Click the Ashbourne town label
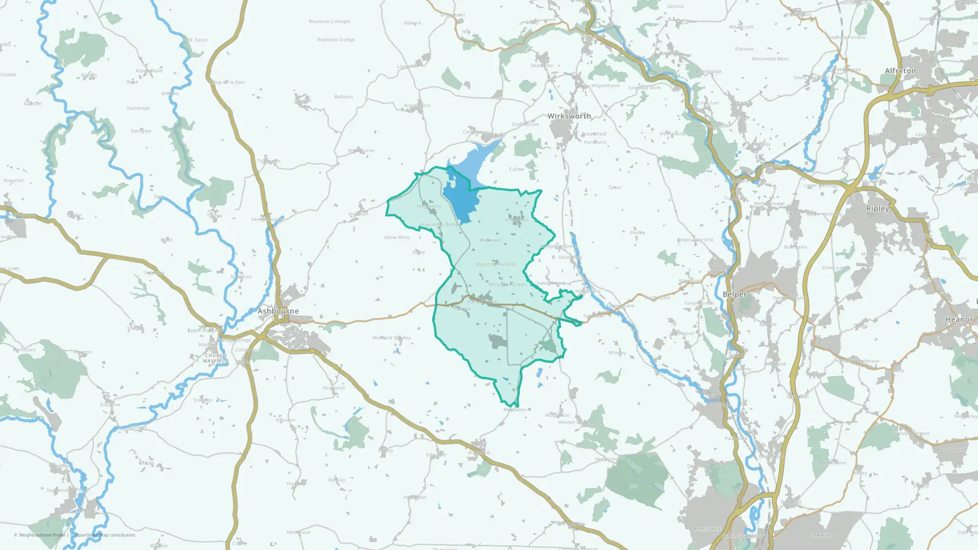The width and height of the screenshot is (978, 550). [278, 311]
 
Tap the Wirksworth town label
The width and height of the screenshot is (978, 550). [569, 116]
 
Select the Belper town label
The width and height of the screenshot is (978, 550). [734, 294]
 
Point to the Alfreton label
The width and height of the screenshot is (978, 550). [900, 71]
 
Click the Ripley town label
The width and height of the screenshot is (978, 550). [878, 208]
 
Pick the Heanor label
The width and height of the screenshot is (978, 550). [959, 320]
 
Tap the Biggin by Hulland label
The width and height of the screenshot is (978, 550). [495, 264]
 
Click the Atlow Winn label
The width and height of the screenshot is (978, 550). [397, 238]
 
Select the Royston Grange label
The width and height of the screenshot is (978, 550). [336, 40]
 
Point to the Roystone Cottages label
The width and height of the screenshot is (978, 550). [330, 22]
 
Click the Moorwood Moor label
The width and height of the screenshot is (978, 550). [770, 59]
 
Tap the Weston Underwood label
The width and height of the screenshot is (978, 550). [580, 422]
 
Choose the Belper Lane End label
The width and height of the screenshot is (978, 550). [695, 240]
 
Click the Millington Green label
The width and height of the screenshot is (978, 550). [507, 285]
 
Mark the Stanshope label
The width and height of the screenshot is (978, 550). [138, 108]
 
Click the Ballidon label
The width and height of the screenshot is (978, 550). [343, 97]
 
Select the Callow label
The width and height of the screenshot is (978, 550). [516, 169]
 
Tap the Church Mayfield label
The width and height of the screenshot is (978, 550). [216, 358]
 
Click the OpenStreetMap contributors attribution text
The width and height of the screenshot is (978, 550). [105, 535]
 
